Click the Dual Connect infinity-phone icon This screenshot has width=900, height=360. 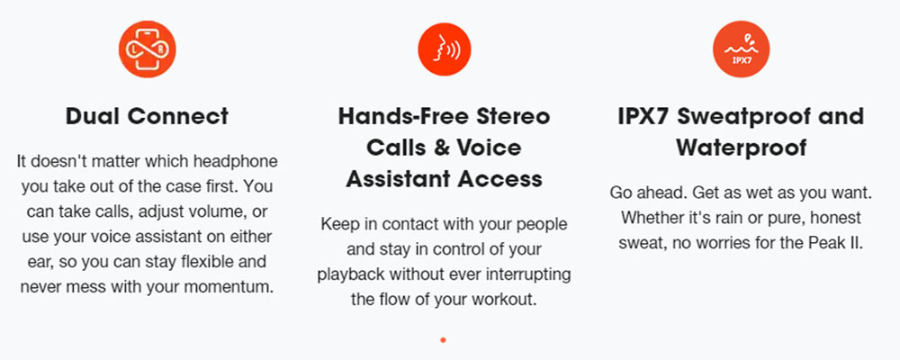tap(148, 49)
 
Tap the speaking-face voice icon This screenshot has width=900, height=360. tap(445, 49)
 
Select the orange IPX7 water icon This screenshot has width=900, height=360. tap(741, 49)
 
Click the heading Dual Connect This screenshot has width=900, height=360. tap(147, 117)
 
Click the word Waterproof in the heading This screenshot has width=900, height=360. tap(741, 148)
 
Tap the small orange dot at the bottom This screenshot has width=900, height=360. tap(443, 340)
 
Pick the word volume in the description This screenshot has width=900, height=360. tap(217, 212)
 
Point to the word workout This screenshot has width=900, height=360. tap(506, 299)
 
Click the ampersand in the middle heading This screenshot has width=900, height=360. tap(440, 148)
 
